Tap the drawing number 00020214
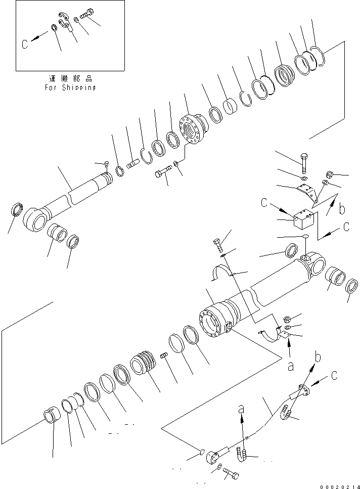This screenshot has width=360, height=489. click(x=338, y=484)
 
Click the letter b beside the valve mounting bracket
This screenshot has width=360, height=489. click(x=342, y=208)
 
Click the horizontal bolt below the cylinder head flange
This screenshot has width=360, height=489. click(x=162, y=173)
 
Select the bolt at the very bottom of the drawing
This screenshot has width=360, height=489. click(x=230, y=475)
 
